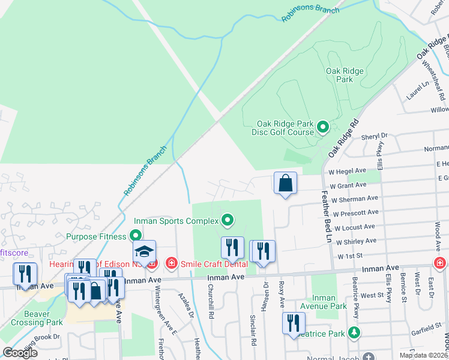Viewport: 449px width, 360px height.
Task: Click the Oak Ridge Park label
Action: tap(345, 75)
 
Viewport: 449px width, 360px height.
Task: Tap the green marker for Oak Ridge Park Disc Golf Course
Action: tap(323, 127)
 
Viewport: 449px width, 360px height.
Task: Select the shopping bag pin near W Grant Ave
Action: tap(285, 182)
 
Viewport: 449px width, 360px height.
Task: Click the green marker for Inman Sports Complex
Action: tap(227, 221)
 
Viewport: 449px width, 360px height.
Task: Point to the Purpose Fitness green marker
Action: tap(136, 236)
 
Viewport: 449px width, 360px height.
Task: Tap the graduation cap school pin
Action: tap(144, 251)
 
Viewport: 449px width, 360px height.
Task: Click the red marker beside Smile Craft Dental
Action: tap(171, 263)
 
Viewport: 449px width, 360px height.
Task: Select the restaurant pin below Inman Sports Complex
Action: tap(232, 247)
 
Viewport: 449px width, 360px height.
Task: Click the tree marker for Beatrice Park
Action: tap(355, 332)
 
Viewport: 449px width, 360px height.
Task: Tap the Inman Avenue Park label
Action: tap(330, 302)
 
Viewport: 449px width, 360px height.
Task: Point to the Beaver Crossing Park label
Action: tap(44, 318)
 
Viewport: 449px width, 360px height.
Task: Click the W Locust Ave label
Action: tap(357, 227)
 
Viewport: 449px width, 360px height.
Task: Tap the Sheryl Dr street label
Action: tap(375, 136)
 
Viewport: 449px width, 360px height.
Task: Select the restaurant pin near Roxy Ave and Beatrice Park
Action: tap(293, 323)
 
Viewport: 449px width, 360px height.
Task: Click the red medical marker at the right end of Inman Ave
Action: tap(440, 263)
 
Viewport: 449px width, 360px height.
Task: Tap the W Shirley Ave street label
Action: tap(357, 241)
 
